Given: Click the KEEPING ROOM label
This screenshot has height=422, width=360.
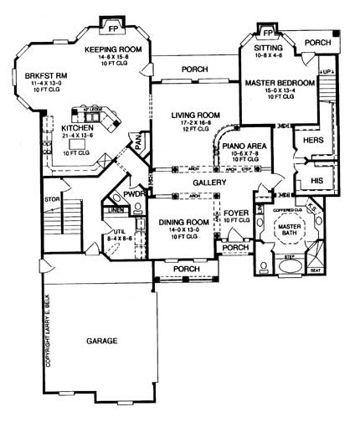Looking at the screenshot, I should [x=111, y=49].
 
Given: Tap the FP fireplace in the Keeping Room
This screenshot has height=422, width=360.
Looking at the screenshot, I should [x=112, y=25].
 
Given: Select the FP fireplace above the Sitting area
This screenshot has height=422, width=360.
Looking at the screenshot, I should [x=268, y=33].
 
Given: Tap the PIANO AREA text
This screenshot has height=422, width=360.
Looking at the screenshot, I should [x=244, y=146].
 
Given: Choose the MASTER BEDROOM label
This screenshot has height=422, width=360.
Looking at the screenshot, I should [x=279, y=84].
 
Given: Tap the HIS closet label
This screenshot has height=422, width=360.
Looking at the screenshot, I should [x=316, y=179].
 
